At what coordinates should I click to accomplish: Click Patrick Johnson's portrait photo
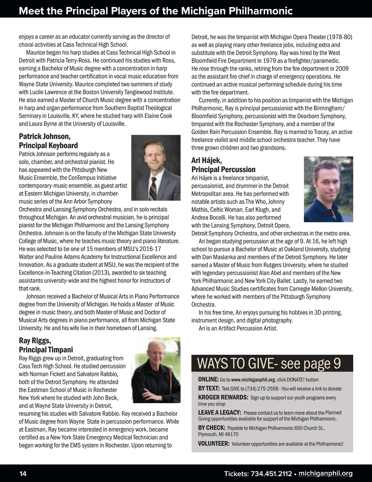point(156,167)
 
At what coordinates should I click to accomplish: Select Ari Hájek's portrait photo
point(328,189)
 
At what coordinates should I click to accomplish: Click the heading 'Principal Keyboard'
point(48,146)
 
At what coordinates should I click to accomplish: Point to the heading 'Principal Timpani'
point(46,350)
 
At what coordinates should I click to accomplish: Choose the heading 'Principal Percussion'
point(223,169)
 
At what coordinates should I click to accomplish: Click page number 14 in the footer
point(23,474)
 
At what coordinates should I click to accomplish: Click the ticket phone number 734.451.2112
point(270,474)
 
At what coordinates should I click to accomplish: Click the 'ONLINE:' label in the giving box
point(208,380)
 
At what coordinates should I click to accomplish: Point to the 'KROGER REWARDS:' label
point(223,398)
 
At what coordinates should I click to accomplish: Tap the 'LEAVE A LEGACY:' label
point(219,412)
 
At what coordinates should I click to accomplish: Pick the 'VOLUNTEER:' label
point(214,444)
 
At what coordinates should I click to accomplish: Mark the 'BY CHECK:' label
point(211,428)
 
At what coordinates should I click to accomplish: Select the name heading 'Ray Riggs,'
point(35,341)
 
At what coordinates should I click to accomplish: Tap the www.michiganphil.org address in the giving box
point(253,380)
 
